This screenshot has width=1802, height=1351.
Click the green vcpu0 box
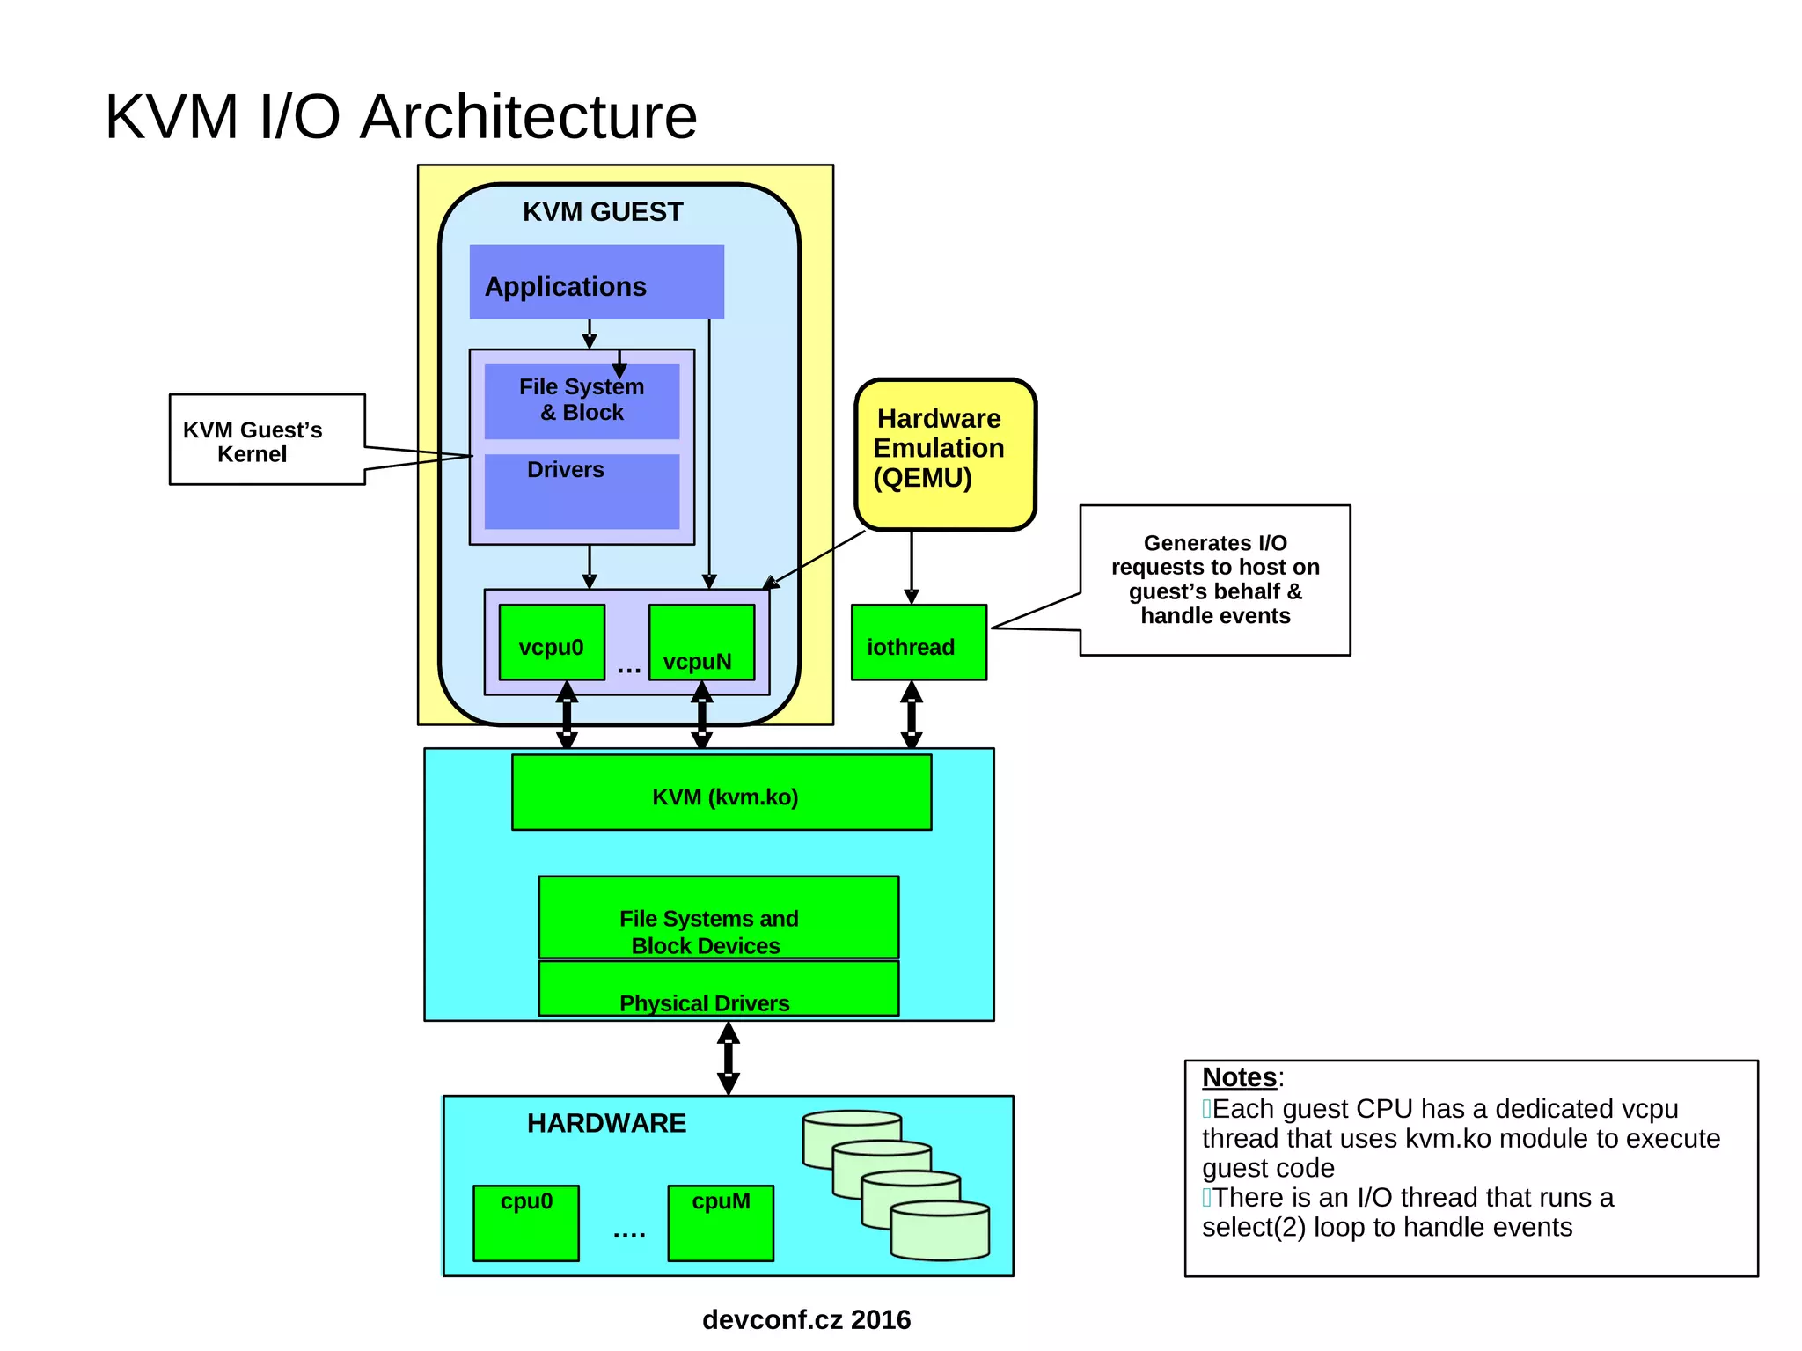[552, 642]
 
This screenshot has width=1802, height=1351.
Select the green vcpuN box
[701, 642]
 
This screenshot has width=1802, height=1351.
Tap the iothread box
[919, 642]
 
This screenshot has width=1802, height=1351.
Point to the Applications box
[597, 282]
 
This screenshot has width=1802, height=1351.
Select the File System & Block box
[582, 401]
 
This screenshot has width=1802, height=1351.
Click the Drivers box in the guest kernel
[582, 491]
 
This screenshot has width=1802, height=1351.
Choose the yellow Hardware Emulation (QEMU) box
[945, 454]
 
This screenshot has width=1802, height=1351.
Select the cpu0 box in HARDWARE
[526, 1223]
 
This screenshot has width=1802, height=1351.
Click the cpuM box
[721, 1223]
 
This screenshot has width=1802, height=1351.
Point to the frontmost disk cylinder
[940, 1231]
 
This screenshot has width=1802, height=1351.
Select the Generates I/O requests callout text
[1215, 579]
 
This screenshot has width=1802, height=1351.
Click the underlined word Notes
[1239, 1077]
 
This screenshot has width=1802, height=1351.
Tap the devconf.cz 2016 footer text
[806, 1319]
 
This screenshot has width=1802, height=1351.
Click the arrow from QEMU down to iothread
[912, 567]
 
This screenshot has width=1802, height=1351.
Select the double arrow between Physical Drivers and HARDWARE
[728, 1058]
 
